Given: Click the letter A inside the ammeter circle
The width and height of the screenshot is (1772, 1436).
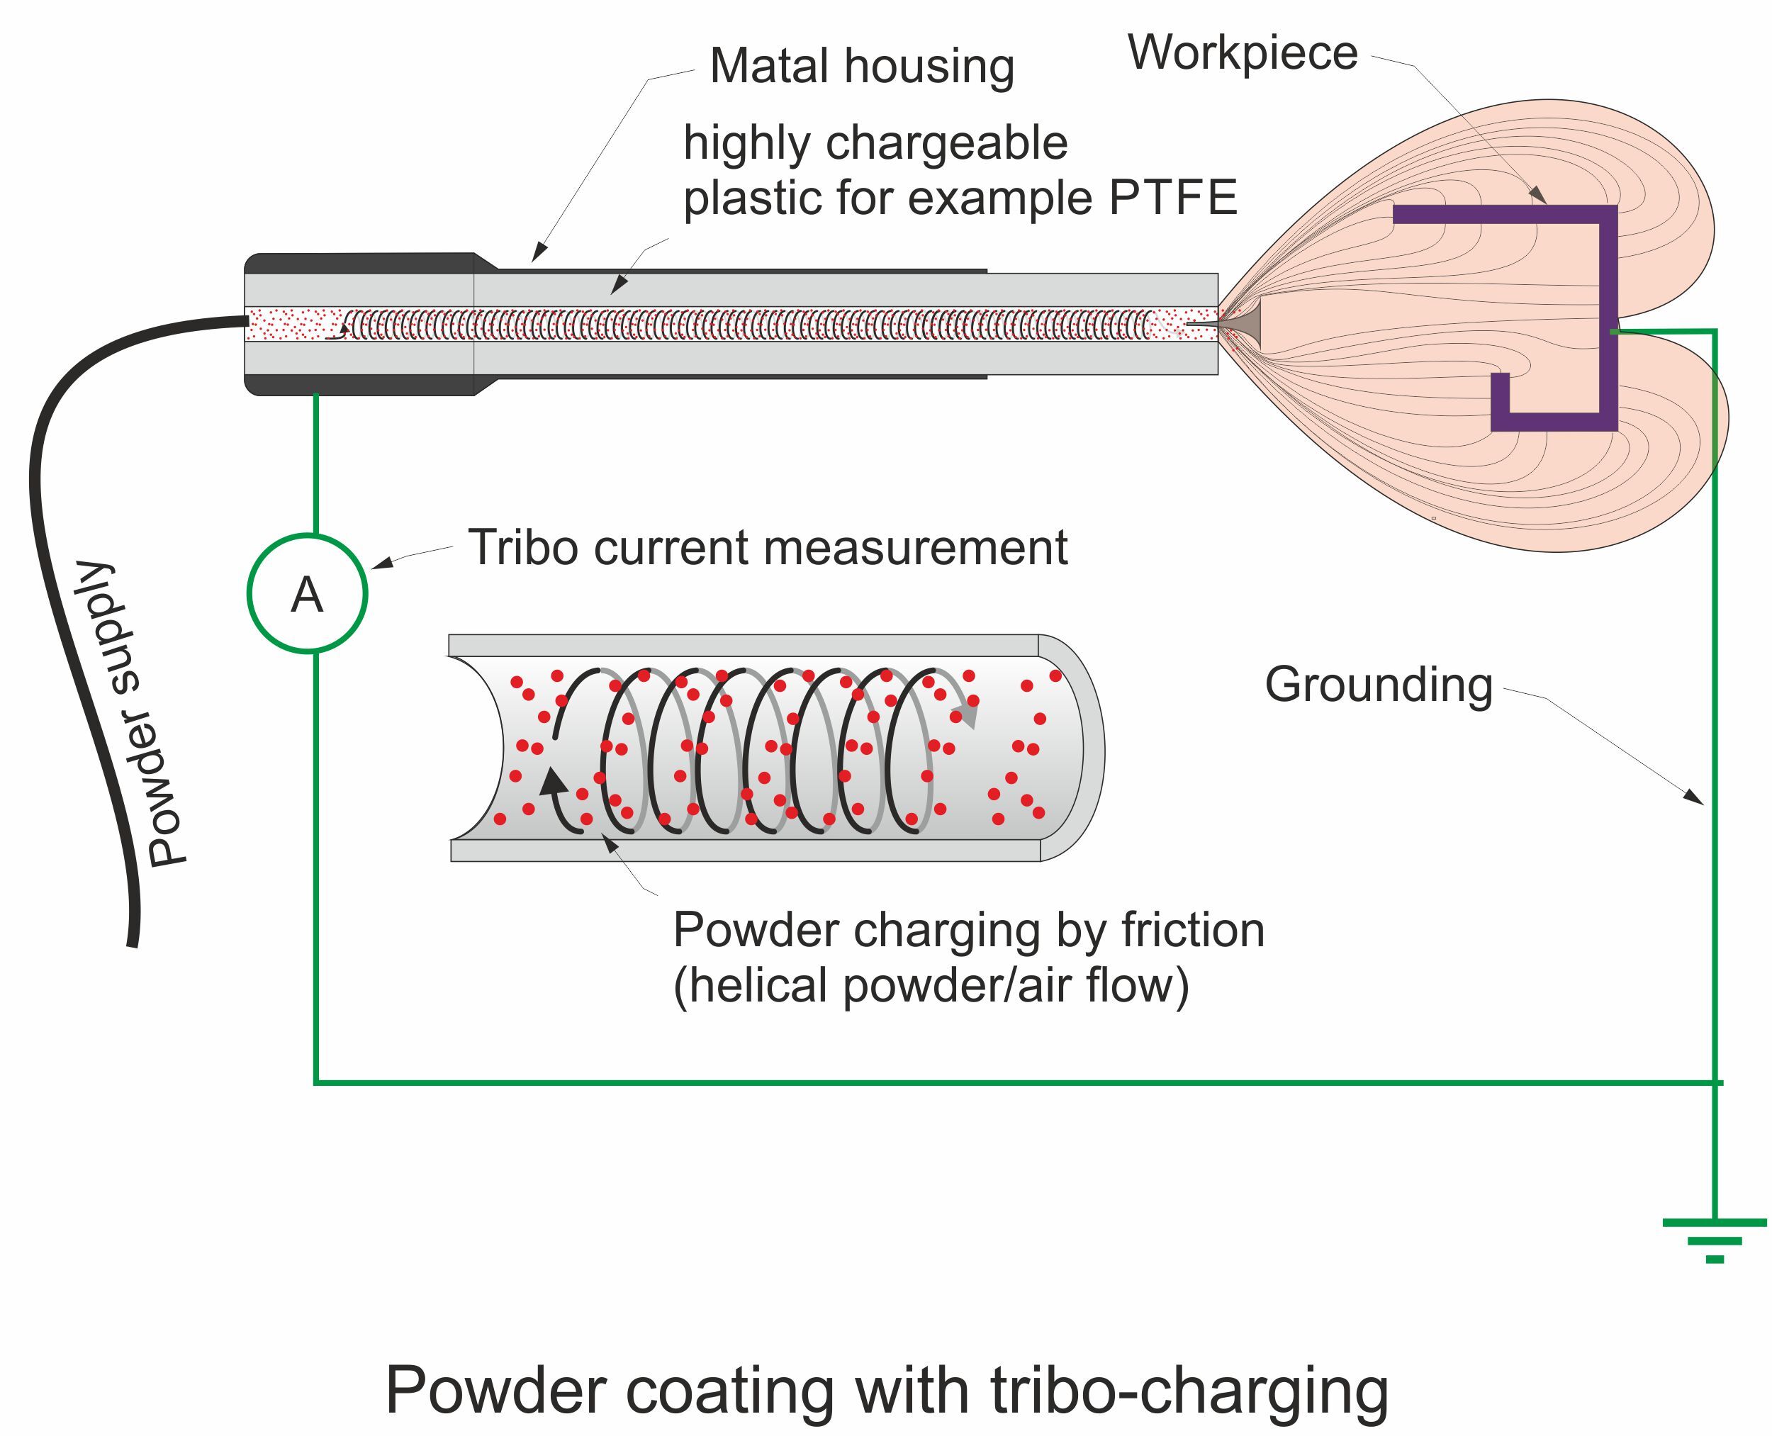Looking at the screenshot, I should coord(306,595).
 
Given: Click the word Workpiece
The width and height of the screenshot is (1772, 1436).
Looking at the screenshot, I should coord(1242,53).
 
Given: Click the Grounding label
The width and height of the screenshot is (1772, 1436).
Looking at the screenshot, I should coord(1378,685).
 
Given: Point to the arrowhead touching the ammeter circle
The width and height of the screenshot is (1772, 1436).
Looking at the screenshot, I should coord(381,563).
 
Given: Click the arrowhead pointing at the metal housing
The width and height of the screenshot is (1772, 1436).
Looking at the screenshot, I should coord(539,252).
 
